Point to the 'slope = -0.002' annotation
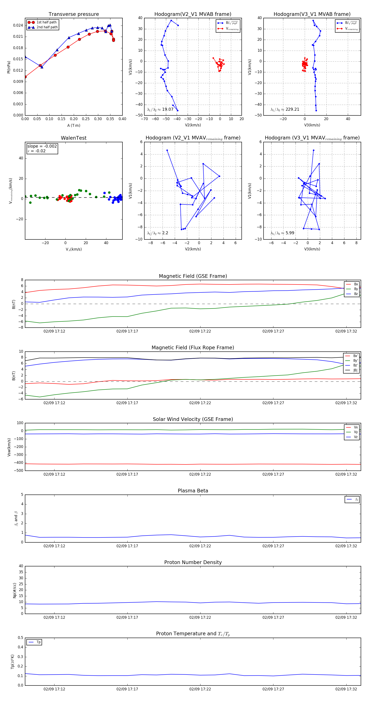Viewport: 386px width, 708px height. pyautogui.click(x=42, y=146)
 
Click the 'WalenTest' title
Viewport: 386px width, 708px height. pyautogui.click(x=74, y=138)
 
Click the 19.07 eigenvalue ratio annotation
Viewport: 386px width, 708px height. pyautogui.click(x=160, y=109)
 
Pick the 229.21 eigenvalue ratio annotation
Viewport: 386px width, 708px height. pyautogui.click(x=285, y=109)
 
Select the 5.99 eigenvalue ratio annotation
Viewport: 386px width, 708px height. pyautogui.click(x=282, y=233)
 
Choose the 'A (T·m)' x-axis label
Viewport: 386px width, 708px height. pyautogui.click(x=74, y=126)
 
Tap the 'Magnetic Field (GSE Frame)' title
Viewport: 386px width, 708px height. pyautogui.click(x=193, y=276)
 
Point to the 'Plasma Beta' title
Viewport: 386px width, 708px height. pyautogui.click(x=193, y=491)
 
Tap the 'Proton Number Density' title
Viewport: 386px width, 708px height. pyautogui.click(x=193, y=562)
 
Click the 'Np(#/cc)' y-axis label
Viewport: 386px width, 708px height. pyautogui.click(x=15, y=590)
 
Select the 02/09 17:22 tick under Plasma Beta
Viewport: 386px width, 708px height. pyautogui.click(x=200, y=546)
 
